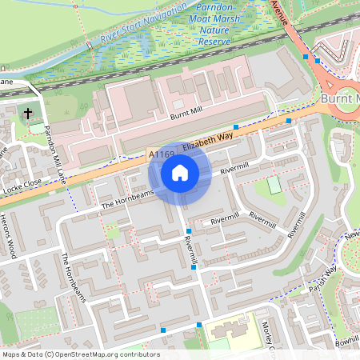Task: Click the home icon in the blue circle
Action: point(180,173)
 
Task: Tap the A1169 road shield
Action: point(161,154)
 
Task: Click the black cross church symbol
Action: point(28,113)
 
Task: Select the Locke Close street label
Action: point(22,187)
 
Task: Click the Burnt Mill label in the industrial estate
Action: point(187,116)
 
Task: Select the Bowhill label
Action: point(348,341)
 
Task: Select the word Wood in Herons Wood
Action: point(11,249)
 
